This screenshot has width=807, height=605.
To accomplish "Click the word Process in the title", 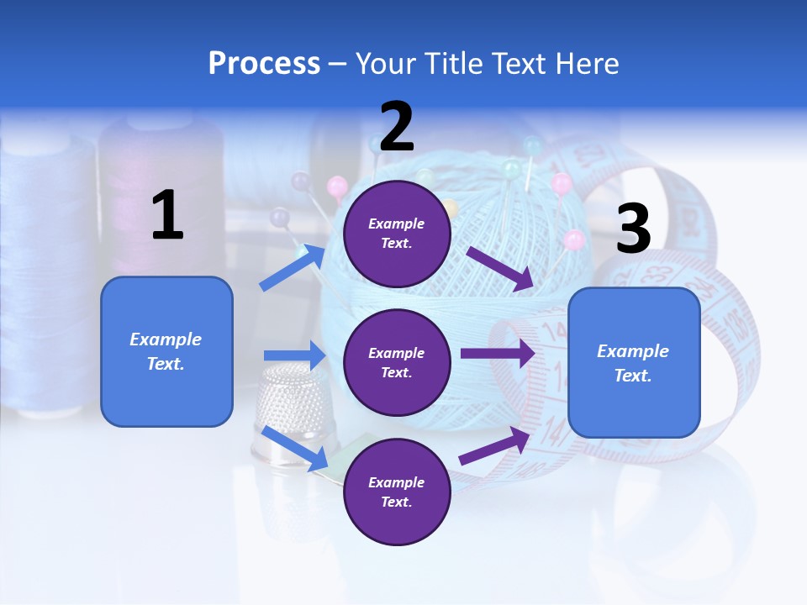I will [x=264, y=64].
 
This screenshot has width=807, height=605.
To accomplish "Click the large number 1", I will [x=167, y=216].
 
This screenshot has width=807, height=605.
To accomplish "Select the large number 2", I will [x=397, y=127].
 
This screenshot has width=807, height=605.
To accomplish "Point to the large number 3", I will [x=633, y=229].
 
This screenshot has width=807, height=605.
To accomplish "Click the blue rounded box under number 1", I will [x=166, y=351].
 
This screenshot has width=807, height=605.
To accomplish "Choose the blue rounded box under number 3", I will [x=634, y=362].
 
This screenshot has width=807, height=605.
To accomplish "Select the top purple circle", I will [x=397, y=234].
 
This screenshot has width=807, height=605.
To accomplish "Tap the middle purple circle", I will [x=397, y=362].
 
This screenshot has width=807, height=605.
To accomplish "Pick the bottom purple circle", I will [x=397, y=492].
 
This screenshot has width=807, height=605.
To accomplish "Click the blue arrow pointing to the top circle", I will [x=293, y=267].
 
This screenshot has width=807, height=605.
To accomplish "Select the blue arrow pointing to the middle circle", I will [x=293, y=355].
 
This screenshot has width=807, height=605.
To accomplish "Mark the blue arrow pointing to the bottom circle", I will [x=295, y=448].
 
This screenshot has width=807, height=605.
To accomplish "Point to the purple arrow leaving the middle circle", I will [x=497, y=353].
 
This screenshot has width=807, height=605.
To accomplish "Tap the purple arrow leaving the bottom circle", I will [x=495, y=446].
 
